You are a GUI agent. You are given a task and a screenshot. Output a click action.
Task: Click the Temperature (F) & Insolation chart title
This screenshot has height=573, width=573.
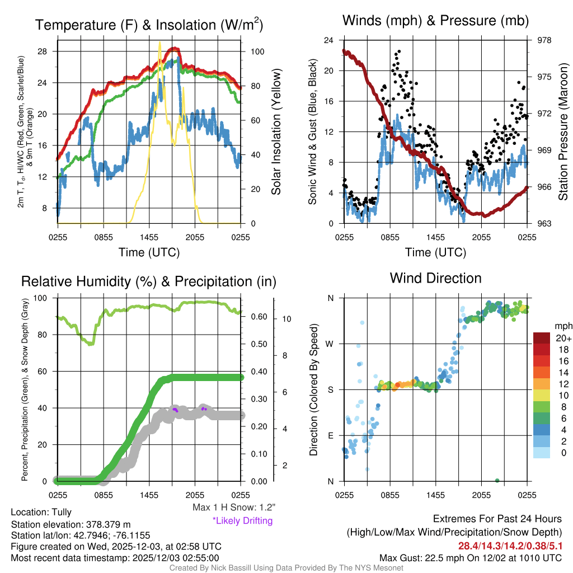149,25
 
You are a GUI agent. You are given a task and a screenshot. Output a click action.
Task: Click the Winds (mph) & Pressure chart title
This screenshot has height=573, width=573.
435,21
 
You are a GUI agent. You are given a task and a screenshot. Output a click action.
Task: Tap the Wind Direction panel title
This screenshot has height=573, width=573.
435,278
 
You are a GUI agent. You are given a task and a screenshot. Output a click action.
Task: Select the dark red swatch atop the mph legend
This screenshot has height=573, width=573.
542,338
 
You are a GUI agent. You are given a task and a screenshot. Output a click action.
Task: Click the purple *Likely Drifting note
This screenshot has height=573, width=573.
242,520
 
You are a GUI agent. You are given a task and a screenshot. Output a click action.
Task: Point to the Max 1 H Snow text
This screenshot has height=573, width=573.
233,507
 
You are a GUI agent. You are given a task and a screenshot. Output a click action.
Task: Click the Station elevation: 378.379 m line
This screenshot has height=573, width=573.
71,524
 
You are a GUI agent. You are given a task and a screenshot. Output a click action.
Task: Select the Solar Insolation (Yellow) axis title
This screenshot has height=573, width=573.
276,132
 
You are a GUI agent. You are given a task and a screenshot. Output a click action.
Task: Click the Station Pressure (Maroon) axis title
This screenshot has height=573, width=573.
563,132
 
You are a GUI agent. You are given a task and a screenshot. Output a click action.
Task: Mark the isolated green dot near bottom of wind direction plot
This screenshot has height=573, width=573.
497,480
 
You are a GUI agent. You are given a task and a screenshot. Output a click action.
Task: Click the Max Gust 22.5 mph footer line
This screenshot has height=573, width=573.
470,557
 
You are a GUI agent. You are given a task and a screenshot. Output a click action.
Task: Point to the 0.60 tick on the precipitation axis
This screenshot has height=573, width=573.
257,317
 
